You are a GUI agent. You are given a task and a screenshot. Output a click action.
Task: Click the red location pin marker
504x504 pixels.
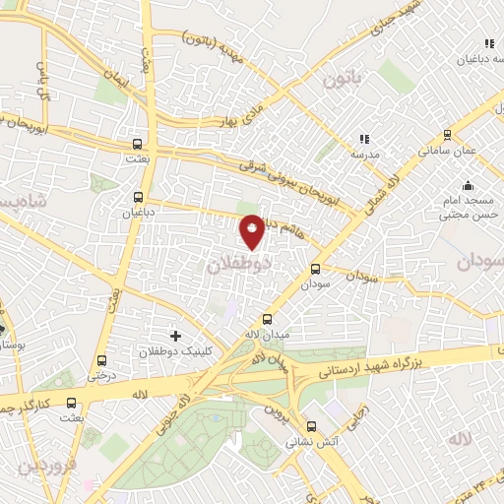coord(253,231)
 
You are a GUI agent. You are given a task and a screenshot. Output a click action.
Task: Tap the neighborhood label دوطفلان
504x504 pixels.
coord(240,265)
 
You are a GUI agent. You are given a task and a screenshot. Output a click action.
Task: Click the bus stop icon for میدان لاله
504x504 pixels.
coord(268,318)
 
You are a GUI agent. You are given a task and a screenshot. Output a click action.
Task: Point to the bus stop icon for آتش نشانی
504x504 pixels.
coord(311,426)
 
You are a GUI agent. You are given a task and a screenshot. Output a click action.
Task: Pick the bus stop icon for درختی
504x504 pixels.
coord(103,359)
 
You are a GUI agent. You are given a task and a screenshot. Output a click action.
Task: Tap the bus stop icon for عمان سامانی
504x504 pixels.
coord(448,136)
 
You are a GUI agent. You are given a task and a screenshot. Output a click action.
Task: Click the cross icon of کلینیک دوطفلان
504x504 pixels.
coord(176,337)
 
